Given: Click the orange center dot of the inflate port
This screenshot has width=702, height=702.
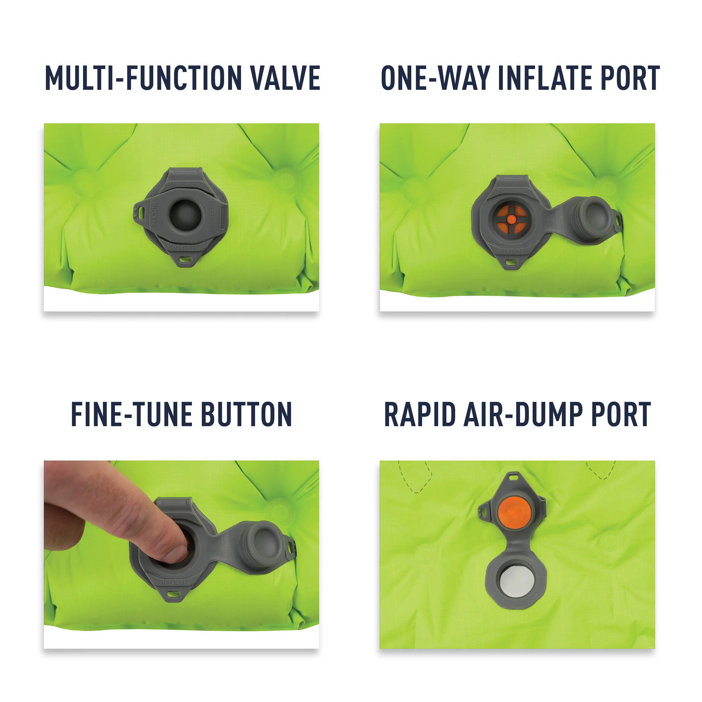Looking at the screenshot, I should click(x=511, y=219).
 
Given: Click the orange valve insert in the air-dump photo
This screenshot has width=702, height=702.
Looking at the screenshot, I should click(x=515, y=513).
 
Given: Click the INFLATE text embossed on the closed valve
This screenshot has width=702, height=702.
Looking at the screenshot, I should click(x=154, y=214).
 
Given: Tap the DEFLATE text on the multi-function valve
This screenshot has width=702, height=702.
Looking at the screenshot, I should click(x=185, y=248).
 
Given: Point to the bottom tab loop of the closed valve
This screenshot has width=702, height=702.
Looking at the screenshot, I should click(x=185, y=260).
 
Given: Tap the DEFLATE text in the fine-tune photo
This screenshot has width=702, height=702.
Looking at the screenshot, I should click(x=174, y=582).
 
